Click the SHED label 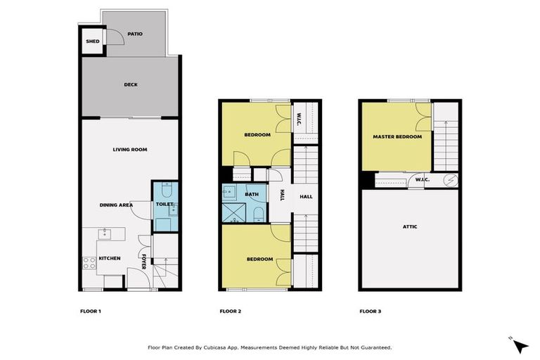tap(92, 41)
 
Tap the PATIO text tap(135, 33)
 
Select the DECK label tap(131, 85)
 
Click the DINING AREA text tap(116, 205)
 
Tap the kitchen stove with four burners tap(90, 263)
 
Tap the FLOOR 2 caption tap(230, 311)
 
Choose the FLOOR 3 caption tap(370, 311)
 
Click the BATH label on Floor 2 tap(251, 194)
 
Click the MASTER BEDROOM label tap(397, 136)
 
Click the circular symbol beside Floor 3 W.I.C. tap(451, 180)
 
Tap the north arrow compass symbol tap(520, 345)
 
